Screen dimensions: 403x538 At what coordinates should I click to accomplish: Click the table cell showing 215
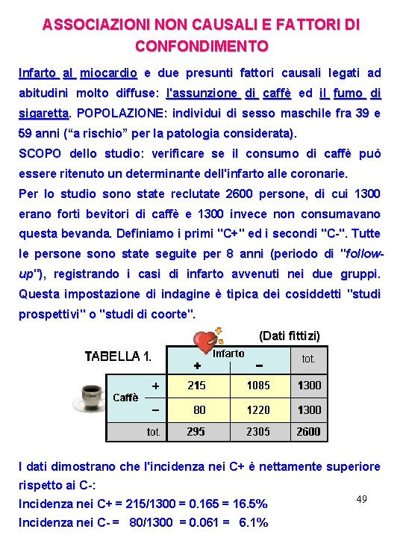click(x=197, y=386)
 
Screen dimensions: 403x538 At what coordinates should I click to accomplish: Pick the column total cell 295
click(x=197, y=431)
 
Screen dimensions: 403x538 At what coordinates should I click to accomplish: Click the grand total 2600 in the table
click(x=308, y=431)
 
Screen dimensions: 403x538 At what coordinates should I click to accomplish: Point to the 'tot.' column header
click(x=308, y=359)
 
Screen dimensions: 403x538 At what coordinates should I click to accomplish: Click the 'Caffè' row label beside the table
click(x=125, y=398)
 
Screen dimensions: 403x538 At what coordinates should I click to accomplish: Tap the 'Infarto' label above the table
click(x=228, y=353)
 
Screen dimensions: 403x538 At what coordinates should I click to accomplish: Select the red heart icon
click(x=204, y=341)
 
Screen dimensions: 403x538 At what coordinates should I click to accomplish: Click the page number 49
click(x=361, y=498)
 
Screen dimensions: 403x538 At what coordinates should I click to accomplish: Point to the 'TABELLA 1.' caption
click(x=119, y=356)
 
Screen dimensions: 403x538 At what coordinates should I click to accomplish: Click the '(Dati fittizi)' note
click(x=289, y=336)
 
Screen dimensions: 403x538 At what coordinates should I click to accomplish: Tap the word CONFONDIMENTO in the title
click(x=201, y=46)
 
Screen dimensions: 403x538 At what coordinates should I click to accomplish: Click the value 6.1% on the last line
click(x=252, y=522)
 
